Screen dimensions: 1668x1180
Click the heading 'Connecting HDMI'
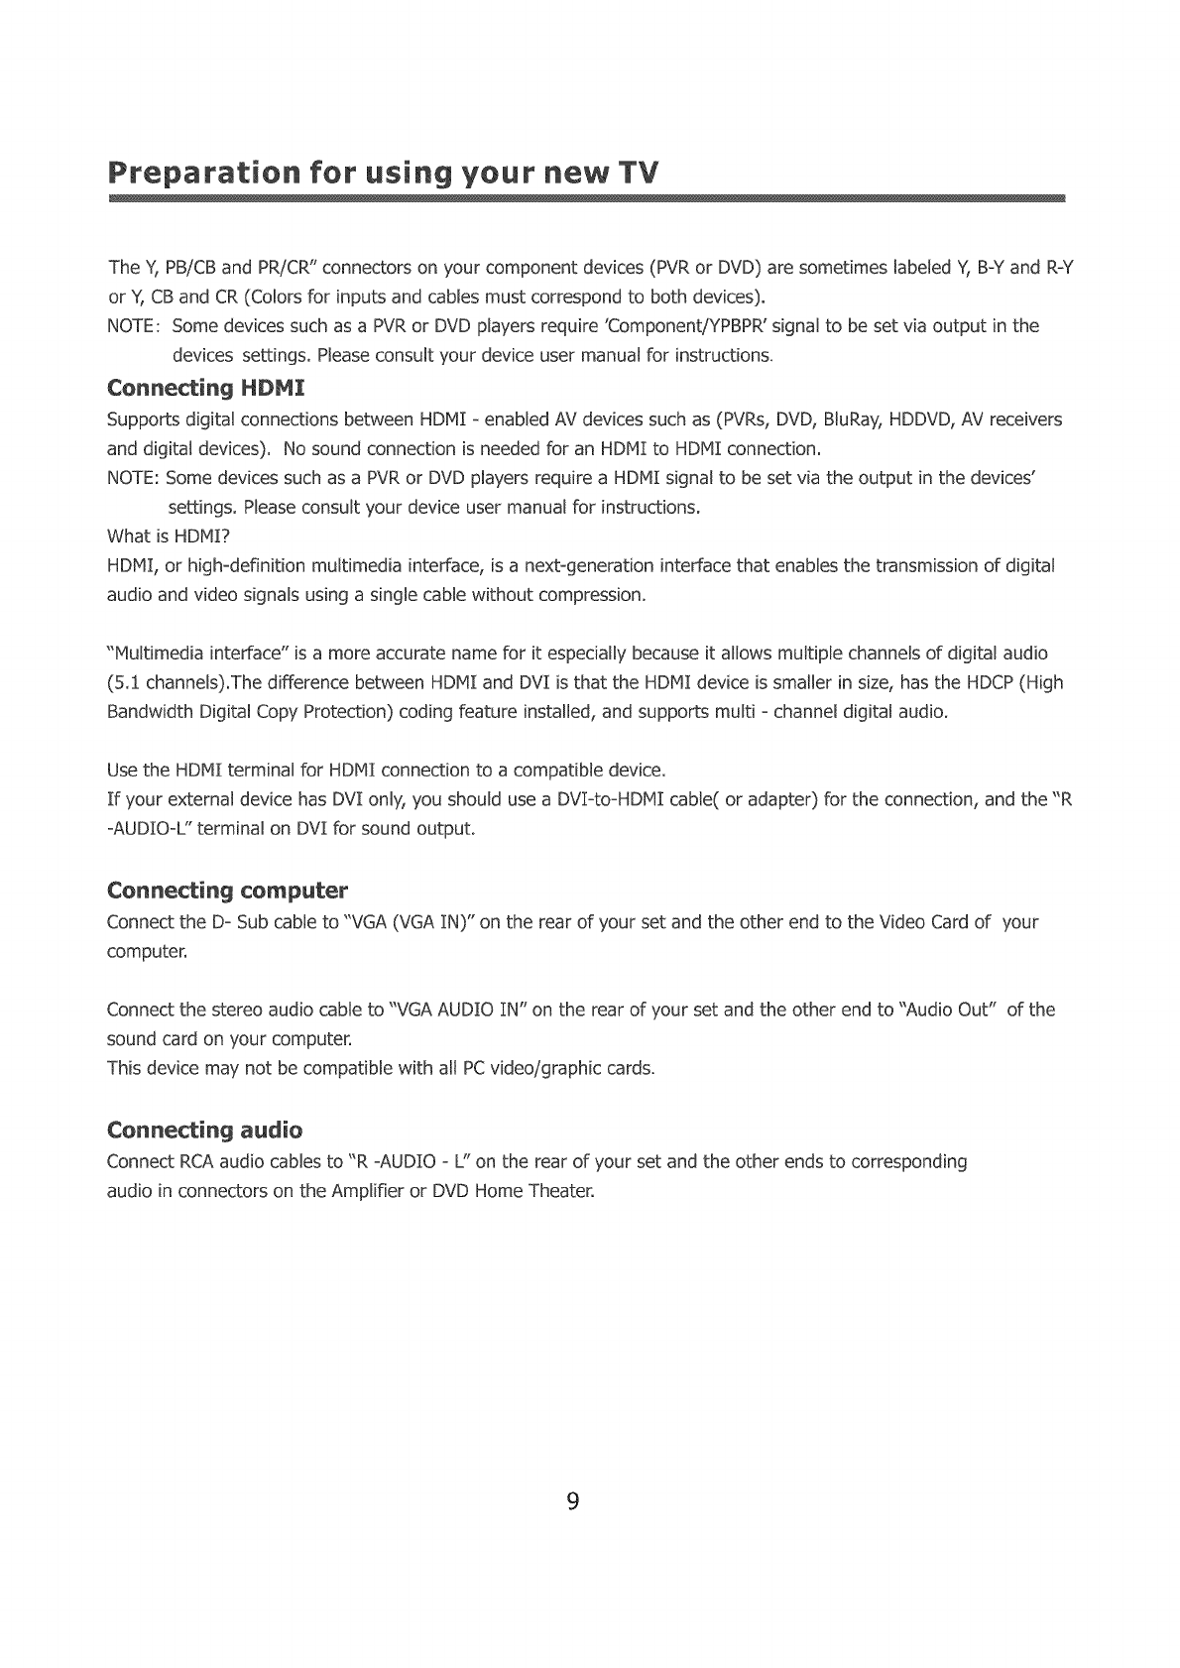pyautogui.click(x=204, y=387)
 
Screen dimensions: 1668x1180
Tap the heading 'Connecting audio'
pyautogui.click(x=204, y=1130)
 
